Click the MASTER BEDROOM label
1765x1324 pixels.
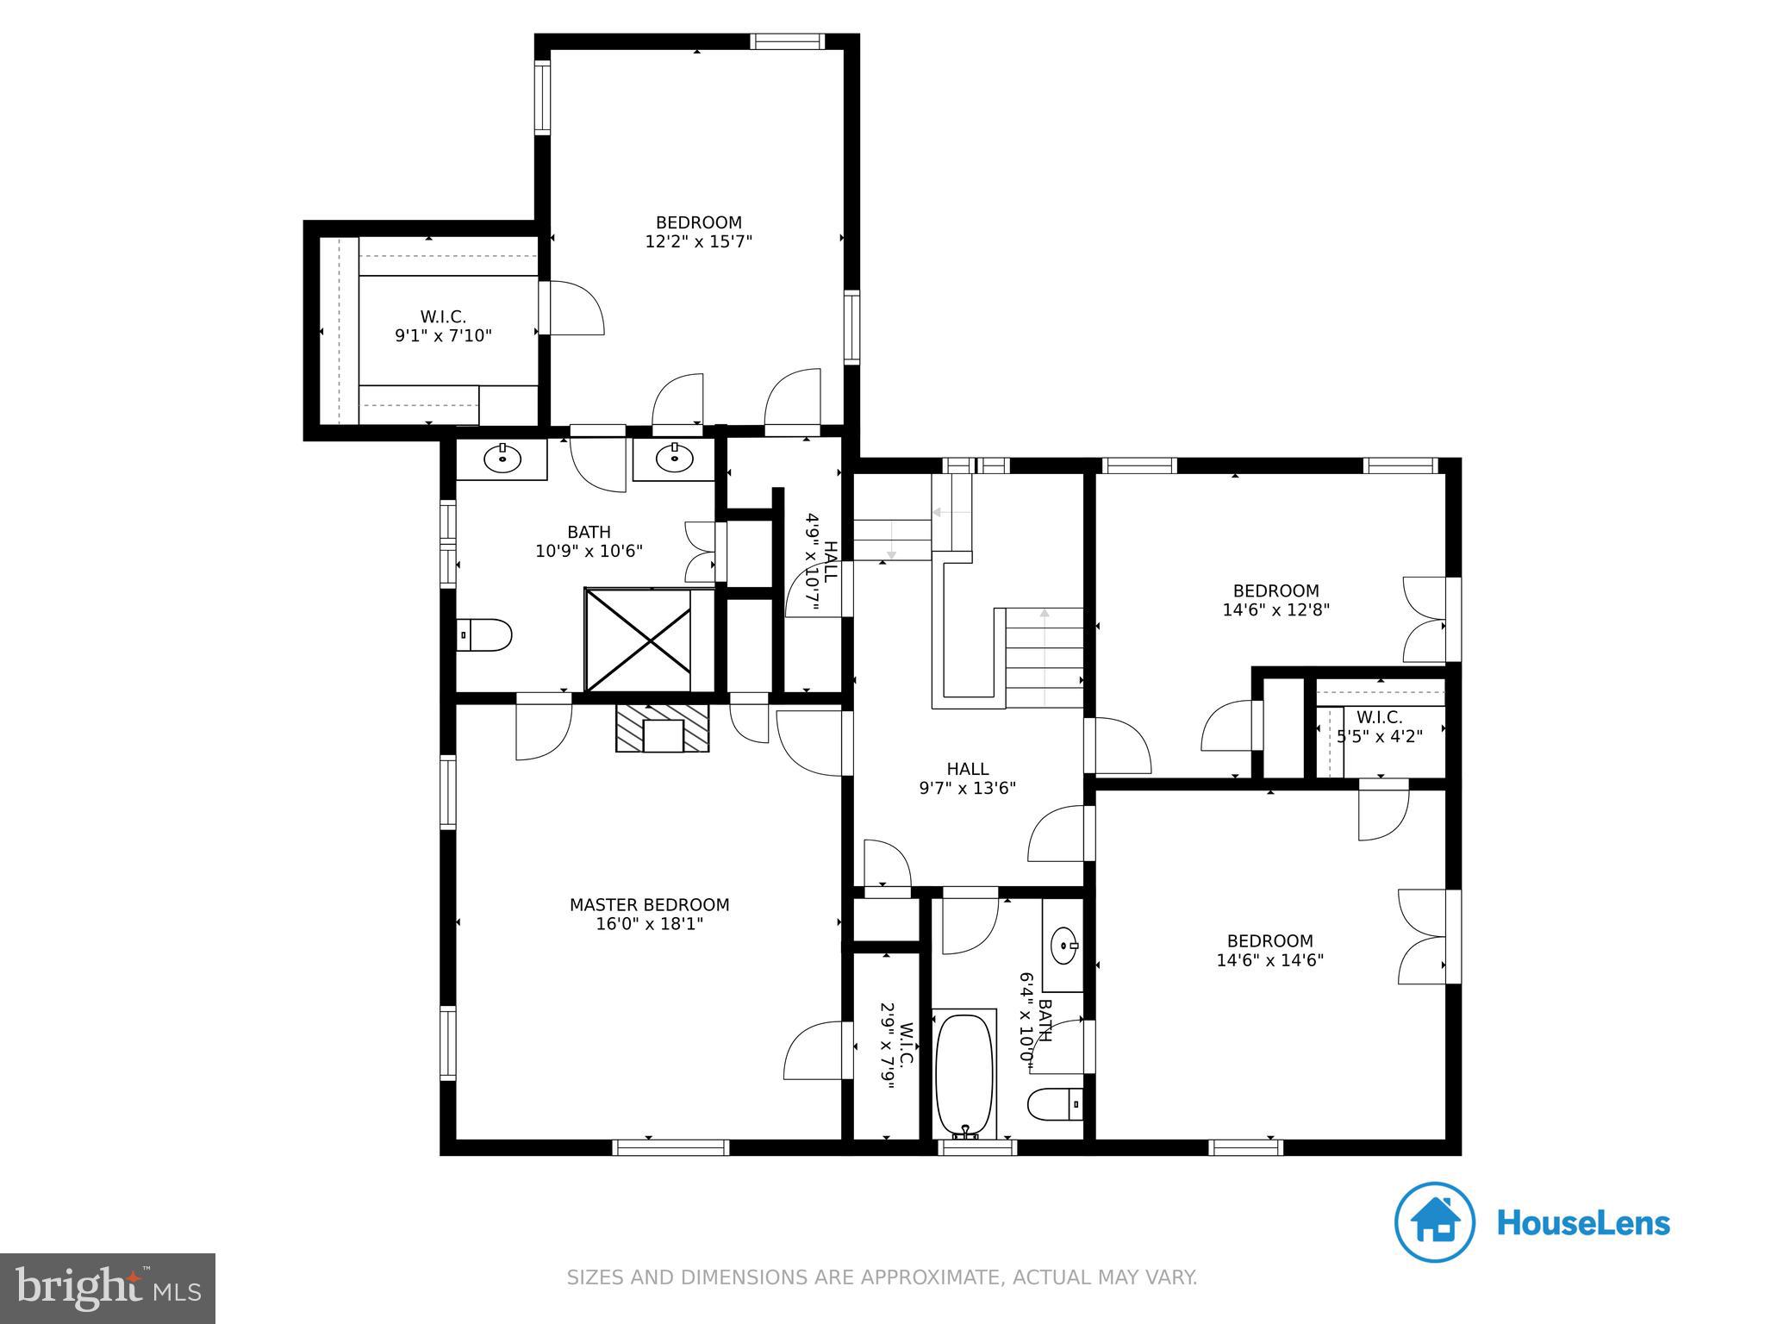coord(649,905)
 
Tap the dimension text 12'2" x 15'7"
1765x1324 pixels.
coord(699,242)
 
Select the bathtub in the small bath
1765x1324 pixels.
coord(965,1076)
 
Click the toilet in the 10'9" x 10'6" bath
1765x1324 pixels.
coord(483,635)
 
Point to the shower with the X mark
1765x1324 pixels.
coord(638,640)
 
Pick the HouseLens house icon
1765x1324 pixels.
coord(1435,1222)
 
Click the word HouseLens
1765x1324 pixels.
coord(1584,1223)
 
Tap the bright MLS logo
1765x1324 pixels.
coord(108,1288)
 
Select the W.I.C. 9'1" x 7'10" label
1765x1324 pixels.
coord(443,327)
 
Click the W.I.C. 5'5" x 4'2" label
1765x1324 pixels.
coord(1379,727)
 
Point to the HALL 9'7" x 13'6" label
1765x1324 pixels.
coord(968,778)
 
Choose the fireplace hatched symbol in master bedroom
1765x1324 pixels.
coord(663,728)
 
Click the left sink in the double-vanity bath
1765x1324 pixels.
coord(502,460)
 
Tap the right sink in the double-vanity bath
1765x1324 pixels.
coord(675,459)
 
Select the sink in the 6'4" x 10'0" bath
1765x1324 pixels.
coord(1065,946)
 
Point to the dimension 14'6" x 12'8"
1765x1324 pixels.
coord(1276,610)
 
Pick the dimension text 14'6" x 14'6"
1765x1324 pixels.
coord(1270,960)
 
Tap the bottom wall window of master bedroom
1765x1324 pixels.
coord(670,1147)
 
